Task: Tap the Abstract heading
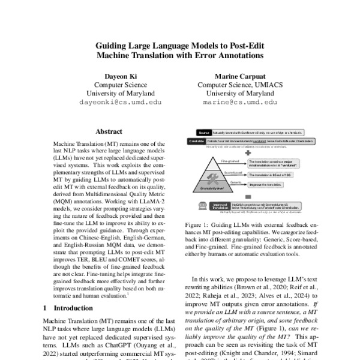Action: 110,131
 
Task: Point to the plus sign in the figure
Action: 247,152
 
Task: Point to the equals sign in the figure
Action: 247,196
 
